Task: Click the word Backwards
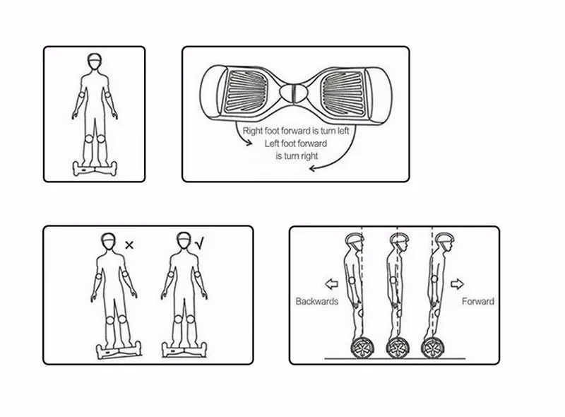pos(316,301)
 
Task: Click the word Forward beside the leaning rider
pos(478,301)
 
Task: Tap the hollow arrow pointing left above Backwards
pos(331,284)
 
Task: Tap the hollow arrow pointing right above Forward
pos(457,284)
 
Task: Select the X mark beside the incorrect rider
pos(129,245)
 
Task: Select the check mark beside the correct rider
pos(199,244)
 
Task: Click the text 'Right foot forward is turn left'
pos(296,131)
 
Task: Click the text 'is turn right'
pos(297,156)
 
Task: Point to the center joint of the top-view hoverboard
pos(294,93)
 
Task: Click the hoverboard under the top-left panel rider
pos(95,169)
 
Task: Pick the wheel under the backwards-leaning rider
pos(362,348)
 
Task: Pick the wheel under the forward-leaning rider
pos(432,348)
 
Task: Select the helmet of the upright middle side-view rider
pos(399,238)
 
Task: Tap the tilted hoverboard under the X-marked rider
pos(119,351)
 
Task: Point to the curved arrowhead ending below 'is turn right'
pos(312,168)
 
